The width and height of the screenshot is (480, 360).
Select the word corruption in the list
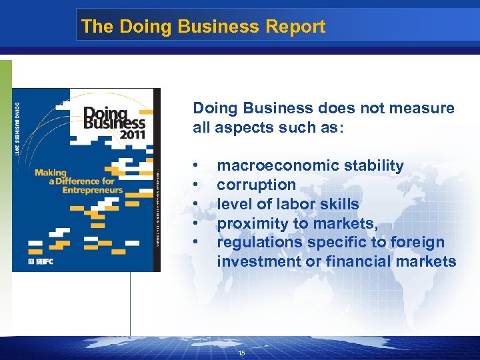[x=256, y=185]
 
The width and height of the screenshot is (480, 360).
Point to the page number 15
[x=241, y=353]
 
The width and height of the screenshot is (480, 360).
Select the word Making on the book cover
[x=51, y=173]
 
